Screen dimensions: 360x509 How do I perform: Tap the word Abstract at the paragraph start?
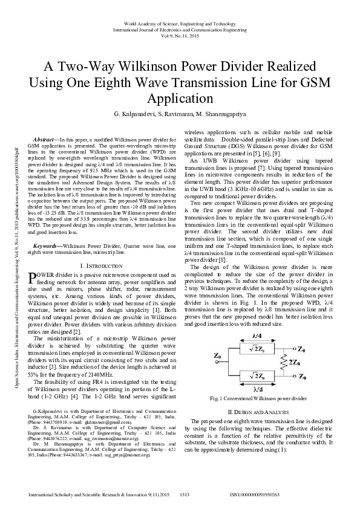pyautogui.click(x=46, y=138)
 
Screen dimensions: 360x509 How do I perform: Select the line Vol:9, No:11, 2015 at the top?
pyautogui.click(x=179, y=35)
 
